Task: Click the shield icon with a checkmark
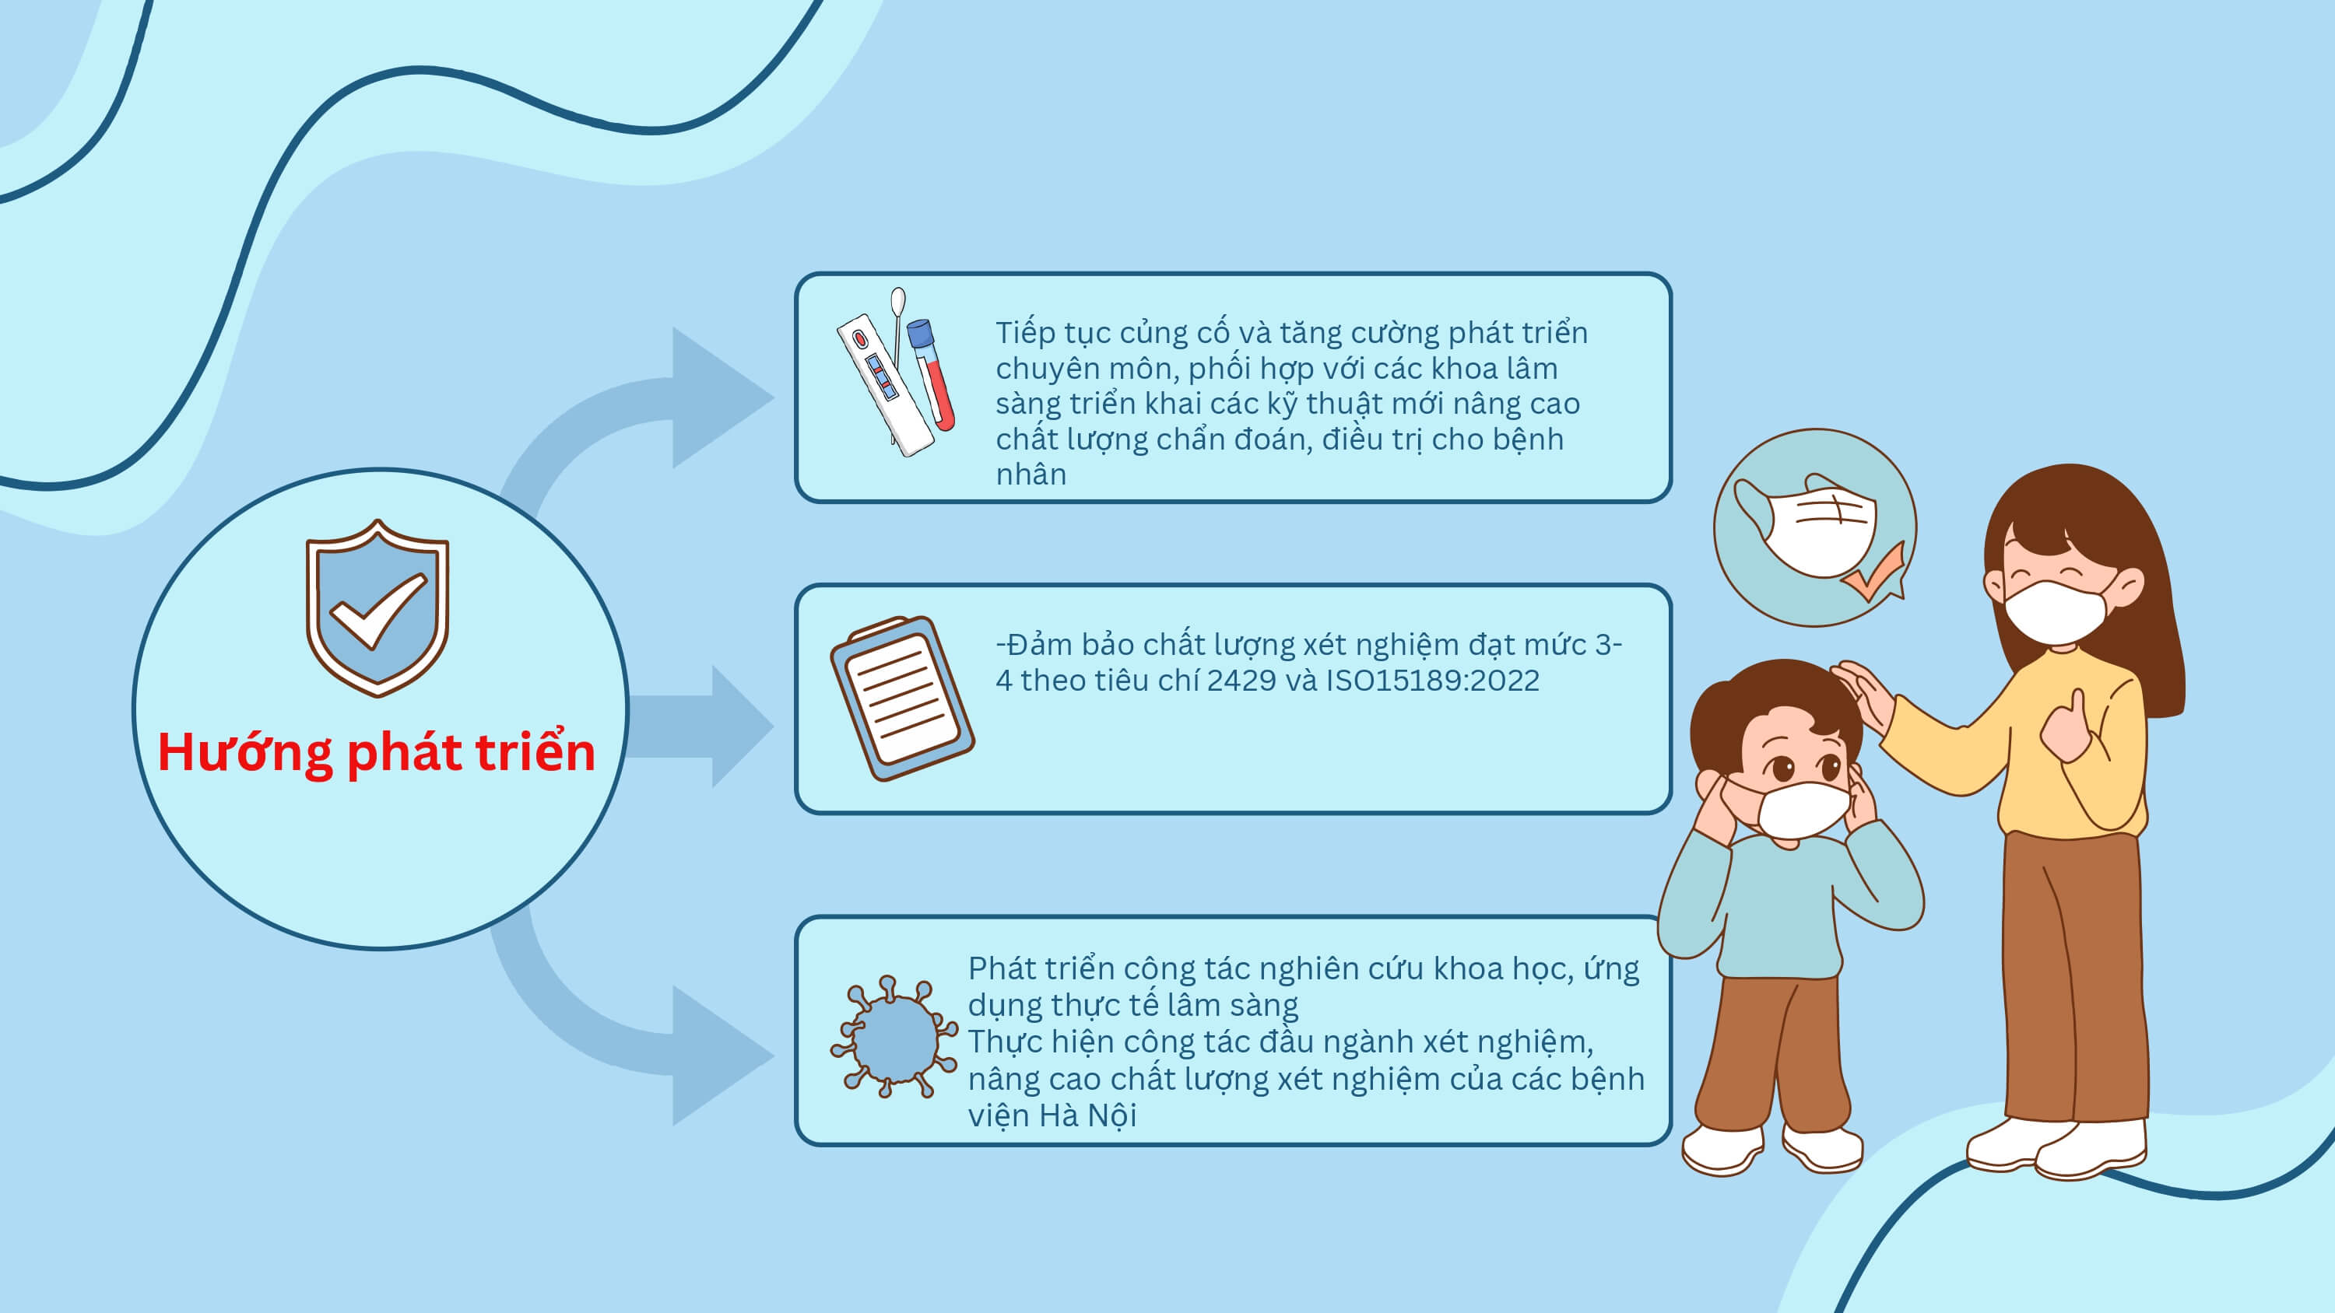(377, 608)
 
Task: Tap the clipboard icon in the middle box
(902, 698)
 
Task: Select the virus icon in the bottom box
(894, 1037)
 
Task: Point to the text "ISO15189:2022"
(1432, 681)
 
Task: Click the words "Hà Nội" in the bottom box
(1088, 1115)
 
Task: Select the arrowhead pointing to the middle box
(743, 726)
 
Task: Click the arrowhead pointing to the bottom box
(722, 1056)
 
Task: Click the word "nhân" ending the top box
(1031, 474)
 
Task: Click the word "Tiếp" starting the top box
(1025, 334)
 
